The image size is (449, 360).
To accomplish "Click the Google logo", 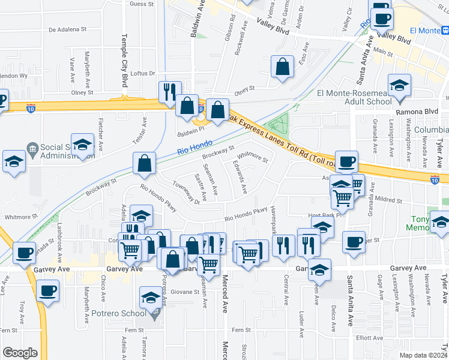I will tap(19, 353).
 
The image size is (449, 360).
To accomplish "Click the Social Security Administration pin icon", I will tap(33, 148).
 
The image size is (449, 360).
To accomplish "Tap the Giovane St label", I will tap(185, 292).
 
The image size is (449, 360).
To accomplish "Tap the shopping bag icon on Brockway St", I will tap(145, 163).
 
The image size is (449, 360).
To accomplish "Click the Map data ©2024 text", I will tap(424, 355).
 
